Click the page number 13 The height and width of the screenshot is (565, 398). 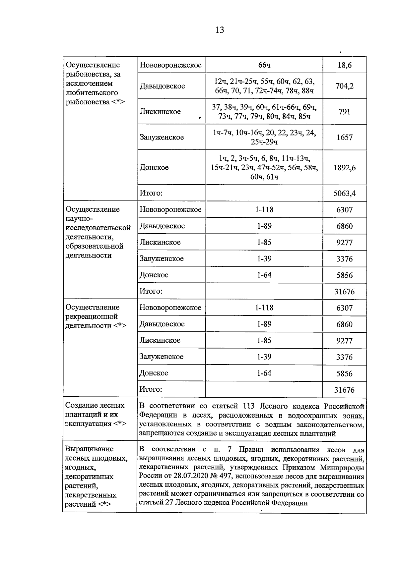point(220,30)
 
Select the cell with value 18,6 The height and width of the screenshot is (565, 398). point(344,65)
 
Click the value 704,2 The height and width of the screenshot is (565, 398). point(344,86)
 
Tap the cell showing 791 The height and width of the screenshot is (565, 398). point(344,112)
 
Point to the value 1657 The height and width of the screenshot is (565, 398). point(344,137)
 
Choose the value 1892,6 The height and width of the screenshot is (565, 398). point(344,168)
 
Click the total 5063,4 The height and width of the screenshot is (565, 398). point(344,193)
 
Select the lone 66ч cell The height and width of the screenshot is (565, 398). point(264,65)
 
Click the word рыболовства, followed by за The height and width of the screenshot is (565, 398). point(87,74)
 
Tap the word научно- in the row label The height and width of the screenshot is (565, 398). point(80,218)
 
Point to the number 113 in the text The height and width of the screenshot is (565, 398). point(249,406)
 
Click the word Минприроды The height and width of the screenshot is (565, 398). point(342,468)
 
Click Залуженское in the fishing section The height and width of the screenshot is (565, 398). point(162,137)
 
